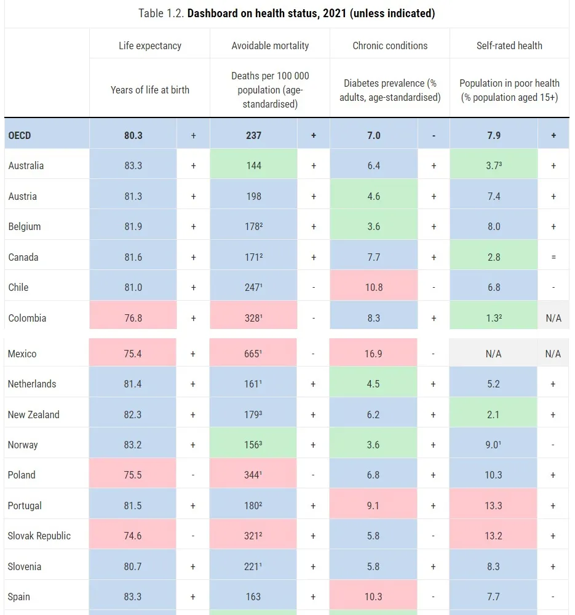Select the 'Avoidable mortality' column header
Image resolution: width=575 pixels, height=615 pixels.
click(x=270, y=46)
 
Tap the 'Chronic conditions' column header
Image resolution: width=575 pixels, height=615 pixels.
click(x=390, y=46)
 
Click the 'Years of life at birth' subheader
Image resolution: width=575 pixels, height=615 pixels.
click(x=150, y=90)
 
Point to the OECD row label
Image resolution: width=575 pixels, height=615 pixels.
click(x=20, y=135)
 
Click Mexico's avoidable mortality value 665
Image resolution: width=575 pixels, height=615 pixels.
click(x=253, y=354)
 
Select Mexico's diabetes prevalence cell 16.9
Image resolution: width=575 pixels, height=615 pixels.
click(x=373, y=354)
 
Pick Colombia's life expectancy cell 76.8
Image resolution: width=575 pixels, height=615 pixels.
click(x=133, y=318)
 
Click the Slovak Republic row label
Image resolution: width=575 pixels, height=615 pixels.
click(x=39, y=536)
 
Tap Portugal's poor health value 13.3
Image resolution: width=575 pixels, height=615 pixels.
click(x=493, y=506)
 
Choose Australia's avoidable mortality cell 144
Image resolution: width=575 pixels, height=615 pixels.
click(x=253, y=165)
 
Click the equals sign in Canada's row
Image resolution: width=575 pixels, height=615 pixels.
click(x=553, y=257)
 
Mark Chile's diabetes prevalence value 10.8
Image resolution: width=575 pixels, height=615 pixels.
click(x=373, y=287)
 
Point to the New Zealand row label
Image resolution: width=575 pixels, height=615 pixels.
click(x=34, y=415)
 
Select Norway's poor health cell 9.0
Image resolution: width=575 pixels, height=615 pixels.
click(x=493, y=445)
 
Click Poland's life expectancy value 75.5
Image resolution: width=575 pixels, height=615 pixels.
click(x=133, y=475)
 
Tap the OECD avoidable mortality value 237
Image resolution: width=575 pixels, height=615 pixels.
click(x=253, y=135)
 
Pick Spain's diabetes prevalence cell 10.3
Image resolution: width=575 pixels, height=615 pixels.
click(x=373, y=597)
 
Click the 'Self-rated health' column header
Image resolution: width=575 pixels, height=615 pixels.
click(x=509, y=46)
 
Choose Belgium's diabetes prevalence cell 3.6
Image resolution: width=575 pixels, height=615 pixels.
click(x=373, y=226)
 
